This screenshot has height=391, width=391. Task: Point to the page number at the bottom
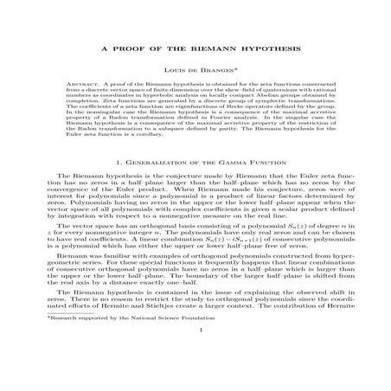tap(195, 378)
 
